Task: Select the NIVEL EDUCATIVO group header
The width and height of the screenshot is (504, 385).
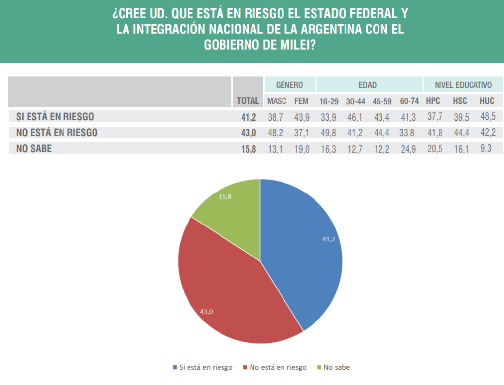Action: pyautogui.click(x=463, y=85)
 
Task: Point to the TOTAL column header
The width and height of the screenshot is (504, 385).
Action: pyautogui.click(x=248, y=101)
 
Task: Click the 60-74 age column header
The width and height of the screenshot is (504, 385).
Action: pyautogui.click(x=409, y=101)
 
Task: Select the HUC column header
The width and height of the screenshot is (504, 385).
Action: pyautogui.click(x=487, y=101)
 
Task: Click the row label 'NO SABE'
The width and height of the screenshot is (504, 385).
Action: pyautogui.click(x=34, y=148)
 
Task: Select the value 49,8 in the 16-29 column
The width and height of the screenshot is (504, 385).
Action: pyautogui.click(x=328, y=132)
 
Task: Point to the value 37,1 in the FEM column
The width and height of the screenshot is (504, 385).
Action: pyautogui.click(x=301, y=132)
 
